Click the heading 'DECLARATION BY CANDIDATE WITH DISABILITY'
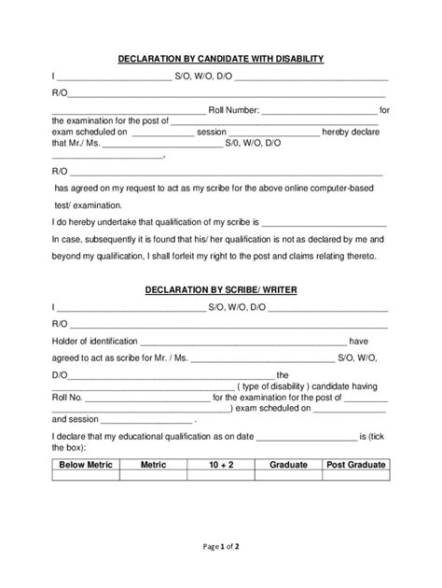[x=220, y=59]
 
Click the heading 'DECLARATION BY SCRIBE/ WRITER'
[x=220, y=290]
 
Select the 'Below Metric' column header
[x=85, y=464]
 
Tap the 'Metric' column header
[x=152, y=464]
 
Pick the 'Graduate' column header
[x=288, y=464]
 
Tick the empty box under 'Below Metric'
[x=85, y=475]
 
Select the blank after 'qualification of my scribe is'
[x=324, y=224]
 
